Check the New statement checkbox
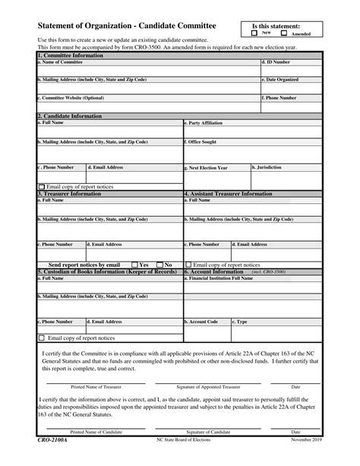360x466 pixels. click(254, 34)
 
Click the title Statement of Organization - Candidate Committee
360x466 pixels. click(126, 26)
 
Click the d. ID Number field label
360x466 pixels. click(276, 62)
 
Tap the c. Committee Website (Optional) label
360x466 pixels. click(71, 97)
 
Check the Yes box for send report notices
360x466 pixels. click(135, 265)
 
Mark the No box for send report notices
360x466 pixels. click(160, 265)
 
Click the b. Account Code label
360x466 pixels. click(203, 322)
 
